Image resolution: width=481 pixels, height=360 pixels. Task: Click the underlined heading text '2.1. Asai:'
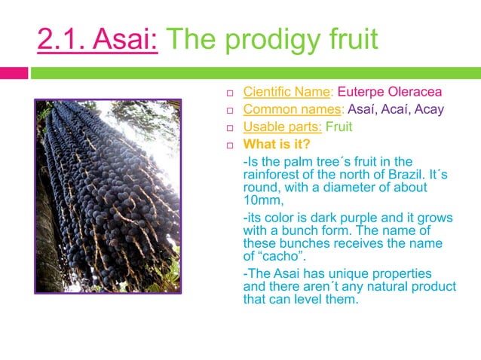point(97,40)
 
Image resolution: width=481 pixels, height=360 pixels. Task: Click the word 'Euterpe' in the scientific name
point(361,93)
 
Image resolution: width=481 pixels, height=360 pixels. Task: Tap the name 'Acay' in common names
point(432,110)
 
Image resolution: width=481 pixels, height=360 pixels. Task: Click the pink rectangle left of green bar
point(14,73)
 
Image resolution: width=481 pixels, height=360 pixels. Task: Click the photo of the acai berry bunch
point(108,196)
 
